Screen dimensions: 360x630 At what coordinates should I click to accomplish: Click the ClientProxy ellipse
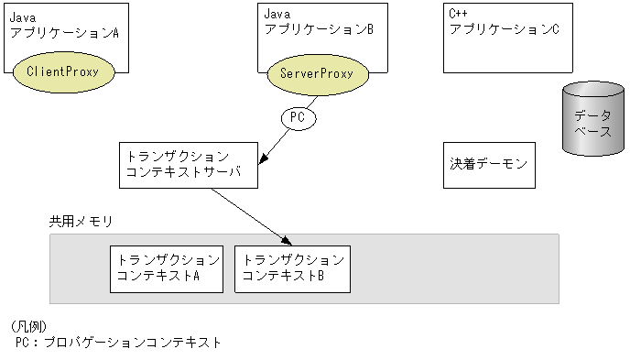[x=70, y=71]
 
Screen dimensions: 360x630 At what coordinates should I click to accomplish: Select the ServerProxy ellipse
[x=316, y=71]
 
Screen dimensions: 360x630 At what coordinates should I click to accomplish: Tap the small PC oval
[x=297, y=117]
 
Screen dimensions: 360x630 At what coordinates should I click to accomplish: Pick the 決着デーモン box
[x=489, y=165]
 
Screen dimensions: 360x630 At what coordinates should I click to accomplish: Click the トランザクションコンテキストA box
[x=165, y=268]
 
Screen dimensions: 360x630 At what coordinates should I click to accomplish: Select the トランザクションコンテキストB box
[x=291, y=268]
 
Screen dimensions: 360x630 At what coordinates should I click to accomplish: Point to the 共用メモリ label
[x=80, y=222]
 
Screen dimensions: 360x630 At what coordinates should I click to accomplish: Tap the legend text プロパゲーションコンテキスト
[x=138, y=343]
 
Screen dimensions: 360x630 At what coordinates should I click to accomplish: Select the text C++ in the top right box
[x=458, y=15]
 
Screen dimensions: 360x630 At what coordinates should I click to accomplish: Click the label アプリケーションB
[x=319, y=30]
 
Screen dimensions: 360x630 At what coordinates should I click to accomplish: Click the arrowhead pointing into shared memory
[x=272, y=240]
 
